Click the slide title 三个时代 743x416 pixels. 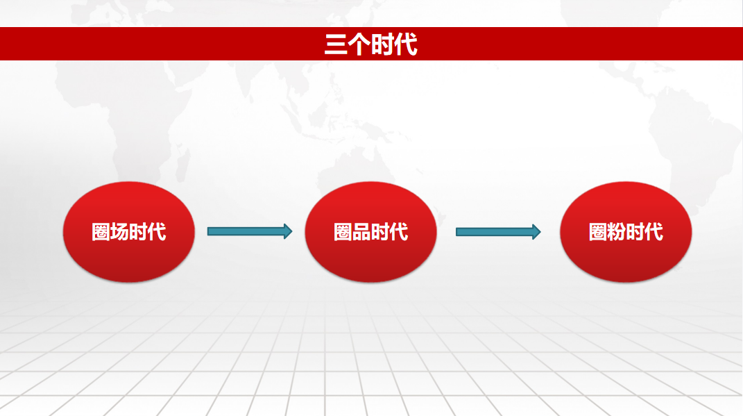[371, 44]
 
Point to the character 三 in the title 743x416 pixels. [336, 44]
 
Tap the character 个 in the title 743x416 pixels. [359, 44]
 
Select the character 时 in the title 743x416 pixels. [382, 44]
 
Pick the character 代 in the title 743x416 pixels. [406, 44]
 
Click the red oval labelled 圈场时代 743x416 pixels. [129, 232]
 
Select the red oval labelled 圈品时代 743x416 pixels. [370, 232]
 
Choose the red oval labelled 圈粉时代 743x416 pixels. [626, 232]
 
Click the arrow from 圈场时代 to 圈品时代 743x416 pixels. [250, 231]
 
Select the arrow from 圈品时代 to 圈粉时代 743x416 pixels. [498, 231]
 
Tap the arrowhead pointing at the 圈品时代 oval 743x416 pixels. [288, 231]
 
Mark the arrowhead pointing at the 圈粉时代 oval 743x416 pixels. [536, 231]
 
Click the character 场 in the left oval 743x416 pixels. [119, 232]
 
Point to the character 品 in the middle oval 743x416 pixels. [361, 232]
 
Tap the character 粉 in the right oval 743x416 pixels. [617, 232]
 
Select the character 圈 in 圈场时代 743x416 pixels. [101, 232]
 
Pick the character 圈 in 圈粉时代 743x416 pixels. [598, 232]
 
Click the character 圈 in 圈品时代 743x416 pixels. [343, 232]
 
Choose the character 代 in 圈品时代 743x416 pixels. [399, 232]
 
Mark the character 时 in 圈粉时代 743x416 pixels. [635, 232]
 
